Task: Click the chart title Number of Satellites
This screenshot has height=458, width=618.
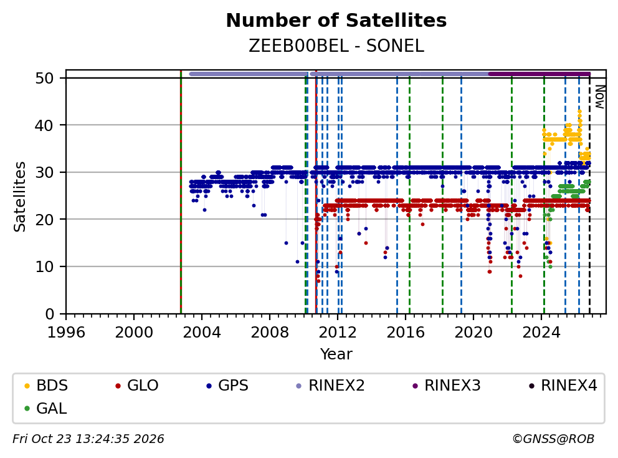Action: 336,21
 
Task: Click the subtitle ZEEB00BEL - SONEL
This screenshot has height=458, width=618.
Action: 336,46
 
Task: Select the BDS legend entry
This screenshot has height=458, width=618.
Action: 45,386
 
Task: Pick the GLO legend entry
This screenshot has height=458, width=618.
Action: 136,386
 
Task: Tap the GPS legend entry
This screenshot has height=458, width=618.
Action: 227,386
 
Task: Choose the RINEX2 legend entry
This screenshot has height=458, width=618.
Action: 330,386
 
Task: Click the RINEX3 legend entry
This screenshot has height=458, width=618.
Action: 446,386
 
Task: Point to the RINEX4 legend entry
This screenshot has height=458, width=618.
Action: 563,386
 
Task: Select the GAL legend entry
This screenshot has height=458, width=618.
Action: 45,408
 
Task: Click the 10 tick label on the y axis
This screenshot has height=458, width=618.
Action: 44,267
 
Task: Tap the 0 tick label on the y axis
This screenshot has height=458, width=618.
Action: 50,314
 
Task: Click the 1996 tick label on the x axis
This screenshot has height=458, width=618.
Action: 66,333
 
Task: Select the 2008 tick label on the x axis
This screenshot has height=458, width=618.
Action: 270,333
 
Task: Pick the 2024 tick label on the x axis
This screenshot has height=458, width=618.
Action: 541,333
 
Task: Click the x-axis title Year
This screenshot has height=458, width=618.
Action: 336,354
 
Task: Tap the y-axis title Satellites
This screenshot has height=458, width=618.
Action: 20,196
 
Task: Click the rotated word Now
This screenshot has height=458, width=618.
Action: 599,97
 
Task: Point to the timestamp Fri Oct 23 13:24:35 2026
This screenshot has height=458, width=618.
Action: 88,439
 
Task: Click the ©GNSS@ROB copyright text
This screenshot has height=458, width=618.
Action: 553,439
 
